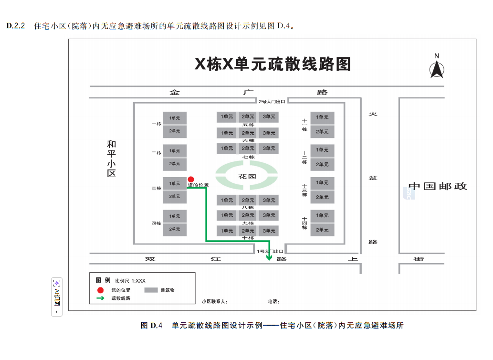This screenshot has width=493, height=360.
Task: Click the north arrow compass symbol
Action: click(x=437, y=68)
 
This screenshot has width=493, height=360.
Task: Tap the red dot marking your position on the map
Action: click(x=191, y=179)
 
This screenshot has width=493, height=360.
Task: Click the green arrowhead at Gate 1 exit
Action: click(x=269, y=258)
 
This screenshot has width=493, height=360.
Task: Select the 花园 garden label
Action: click(x=247, y=176)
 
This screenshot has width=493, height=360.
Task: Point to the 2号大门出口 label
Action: click(x=272, y=101)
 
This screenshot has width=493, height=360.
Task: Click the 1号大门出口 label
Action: click(x=271, y=251)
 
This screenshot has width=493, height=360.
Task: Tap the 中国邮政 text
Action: click(x=438, y=186)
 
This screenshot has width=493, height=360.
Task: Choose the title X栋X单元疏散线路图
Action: click(x=273, y=64)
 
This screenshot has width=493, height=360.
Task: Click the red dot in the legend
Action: click(x=100, y=290)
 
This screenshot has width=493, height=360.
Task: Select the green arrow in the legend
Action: click(x=100, y=298)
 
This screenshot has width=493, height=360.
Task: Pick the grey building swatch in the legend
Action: click(x=151, y=290)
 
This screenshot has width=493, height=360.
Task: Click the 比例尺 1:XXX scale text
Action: click(x=130, y=281)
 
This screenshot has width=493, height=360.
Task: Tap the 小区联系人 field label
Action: click(x=214, y=302)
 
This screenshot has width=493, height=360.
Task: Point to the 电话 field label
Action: click(x=273, y=302)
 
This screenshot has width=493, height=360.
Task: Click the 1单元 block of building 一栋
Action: click(x=174, y=117)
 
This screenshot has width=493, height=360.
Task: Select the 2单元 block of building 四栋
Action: click(x=174, y=229)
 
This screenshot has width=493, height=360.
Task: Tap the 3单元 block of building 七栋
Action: click(x=269, y=148)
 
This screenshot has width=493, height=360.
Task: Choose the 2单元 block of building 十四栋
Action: click(x=322, y=230)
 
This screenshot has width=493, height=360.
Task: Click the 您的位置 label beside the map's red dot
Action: click(x=198, y=185)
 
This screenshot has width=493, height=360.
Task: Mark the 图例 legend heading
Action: click(x=103, y=280)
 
